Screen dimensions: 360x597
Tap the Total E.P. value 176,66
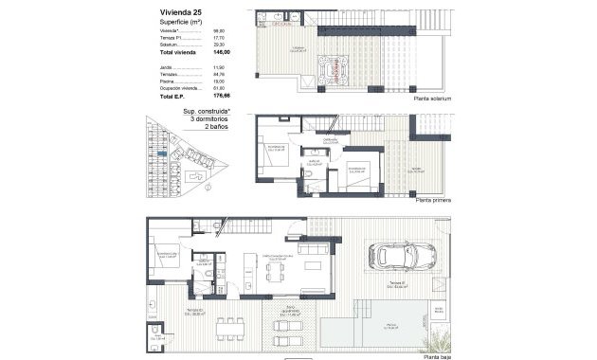pos(221,96)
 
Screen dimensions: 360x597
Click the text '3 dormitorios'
pos(208,118)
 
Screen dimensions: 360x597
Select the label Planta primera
pos(432,200)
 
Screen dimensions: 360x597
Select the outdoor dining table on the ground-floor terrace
pos(227,331)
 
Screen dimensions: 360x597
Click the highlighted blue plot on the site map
pos(163,154)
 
